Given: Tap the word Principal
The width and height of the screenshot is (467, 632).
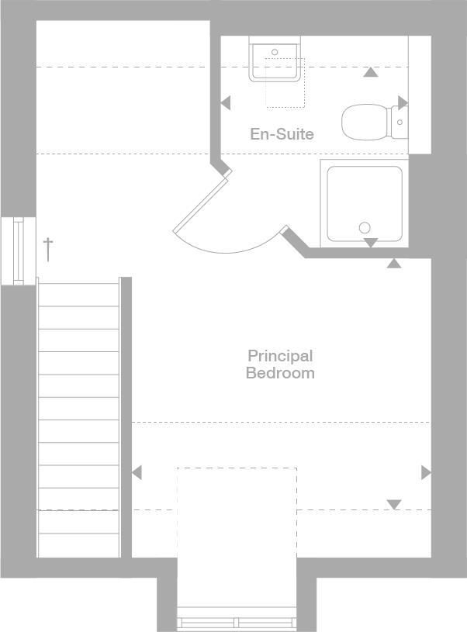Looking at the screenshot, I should tap(280, 356).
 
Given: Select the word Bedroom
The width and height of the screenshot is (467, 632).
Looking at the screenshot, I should tap(280, 373).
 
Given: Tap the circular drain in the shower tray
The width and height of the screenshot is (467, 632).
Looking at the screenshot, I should tap(365, 228).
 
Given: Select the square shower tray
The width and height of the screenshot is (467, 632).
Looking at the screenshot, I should tap(364, 203).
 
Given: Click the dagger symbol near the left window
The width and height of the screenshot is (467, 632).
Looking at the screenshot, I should tap(48, 249).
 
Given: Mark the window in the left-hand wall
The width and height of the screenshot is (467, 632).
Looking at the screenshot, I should tap(18, 250).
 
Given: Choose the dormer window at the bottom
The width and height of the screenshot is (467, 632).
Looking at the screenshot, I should tap(237, 621).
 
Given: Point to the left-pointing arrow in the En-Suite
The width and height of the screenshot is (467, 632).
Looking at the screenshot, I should tap(226, 102).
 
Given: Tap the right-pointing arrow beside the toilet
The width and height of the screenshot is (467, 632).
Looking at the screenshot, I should tap(403, 102).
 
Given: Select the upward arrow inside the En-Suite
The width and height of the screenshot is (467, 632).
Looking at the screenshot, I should tap(371, 73).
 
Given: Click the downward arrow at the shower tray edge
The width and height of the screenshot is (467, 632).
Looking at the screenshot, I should tap(371, 243).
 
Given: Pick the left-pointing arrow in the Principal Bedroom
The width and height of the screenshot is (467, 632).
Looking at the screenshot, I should tap(137, 472).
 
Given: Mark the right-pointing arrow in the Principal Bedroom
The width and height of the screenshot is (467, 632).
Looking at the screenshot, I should tap(425, 472).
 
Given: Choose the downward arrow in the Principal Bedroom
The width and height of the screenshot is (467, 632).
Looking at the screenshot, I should tap(394, 505).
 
